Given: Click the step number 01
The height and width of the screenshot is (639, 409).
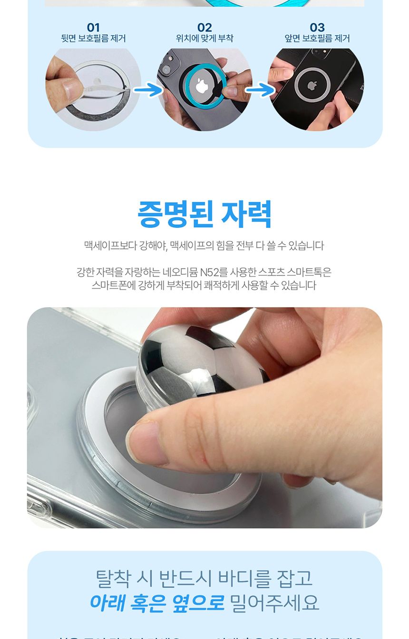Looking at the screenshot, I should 93,28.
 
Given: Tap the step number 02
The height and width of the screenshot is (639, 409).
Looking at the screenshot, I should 204,28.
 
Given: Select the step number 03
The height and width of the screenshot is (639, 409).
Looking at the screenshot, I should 317,28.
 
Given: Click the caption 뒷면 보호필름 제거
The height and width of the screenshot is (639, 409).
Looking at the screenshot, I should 93,39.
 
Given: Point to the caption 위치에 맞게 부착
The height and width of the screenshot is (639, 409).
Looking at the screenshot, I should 204,39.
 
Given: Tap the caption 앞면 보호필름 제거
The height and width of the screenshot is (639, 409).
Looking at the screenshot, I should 317,39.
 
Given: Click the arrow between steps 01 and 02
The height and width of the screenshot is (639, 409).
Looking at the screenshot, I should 148,89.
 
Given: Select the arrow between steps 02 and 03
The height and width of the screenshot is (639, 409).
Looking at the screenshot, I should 260,89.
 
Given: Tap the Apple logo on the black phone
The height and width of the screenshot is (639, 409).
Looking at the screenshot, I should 312,86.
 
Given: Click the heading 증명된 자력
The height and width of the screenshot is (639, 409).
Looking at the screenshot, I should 204,215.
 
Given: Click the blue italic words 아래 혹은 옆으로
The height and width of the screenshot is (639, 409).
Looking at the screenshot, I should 157,603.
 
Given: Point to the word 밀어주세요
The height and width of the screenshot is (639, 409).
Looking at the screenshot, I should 274,603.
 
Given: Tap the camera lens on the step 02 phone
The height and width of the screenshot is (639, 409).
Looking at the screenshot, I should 166,69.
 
